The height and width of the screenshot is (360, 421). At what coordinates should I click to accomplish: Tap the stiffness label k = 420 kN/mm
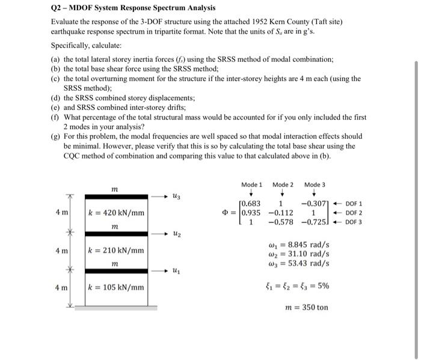click(116, 212)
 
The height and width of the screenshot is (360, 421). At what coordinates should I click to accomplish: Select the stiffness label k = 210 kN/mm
click(116, 250)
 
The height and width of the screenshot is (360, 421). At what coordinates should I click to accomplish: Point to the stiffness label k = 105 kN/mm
click(116, 287)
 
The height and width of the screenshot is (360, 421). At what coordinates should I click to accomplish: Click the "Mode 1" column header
click(251, 184)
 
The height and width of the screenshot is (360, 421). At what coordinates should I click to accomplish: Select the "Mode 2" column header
click(283, 184)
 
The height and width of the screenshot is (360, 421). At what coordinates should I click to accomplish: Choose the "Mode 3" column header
click(315, 184)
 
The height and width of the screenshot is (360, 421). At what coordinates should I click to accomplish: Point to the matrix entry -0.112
click(281, 212)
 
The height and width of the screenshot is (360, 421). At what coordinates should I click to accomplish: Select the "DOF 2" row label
click(353, 212)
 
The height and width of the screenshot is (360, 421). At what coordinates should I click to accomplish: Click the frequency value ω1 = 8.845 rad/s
click(298, 245)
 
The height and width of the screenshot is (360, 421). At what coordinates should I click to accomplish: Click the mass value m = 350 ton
click(306, 307)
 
